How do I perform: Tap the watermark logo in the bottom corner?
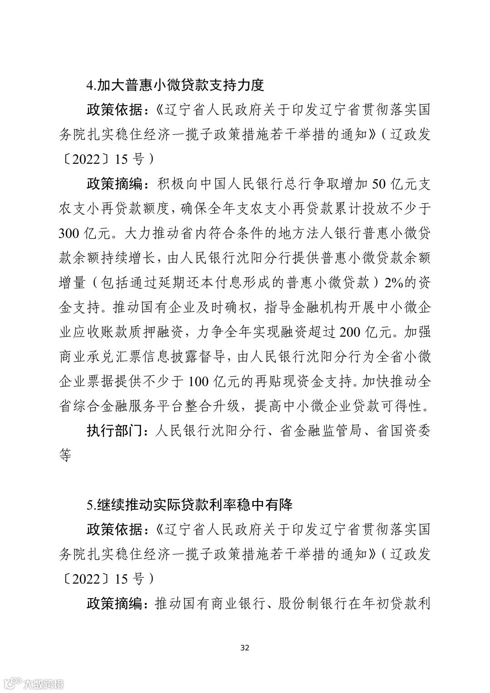click(34, 683)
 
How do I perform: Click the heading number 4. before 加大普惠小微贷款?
click(91, 85)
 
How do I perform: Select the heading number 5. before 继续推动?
click(91, 504)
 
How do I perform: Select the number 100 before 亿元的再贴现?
click(198, 381)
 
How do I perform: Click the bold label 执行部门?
click(113, 430)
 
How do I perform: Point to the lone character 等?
click(65, 455)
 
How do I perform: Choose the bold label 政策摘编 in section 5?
click(113, 603)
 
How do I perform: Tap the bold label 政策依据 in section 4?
click(113, 110)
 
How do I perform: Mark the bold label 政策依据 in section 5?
click(113, 529)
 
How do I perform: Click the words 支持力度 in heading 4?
click(236, 85)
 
